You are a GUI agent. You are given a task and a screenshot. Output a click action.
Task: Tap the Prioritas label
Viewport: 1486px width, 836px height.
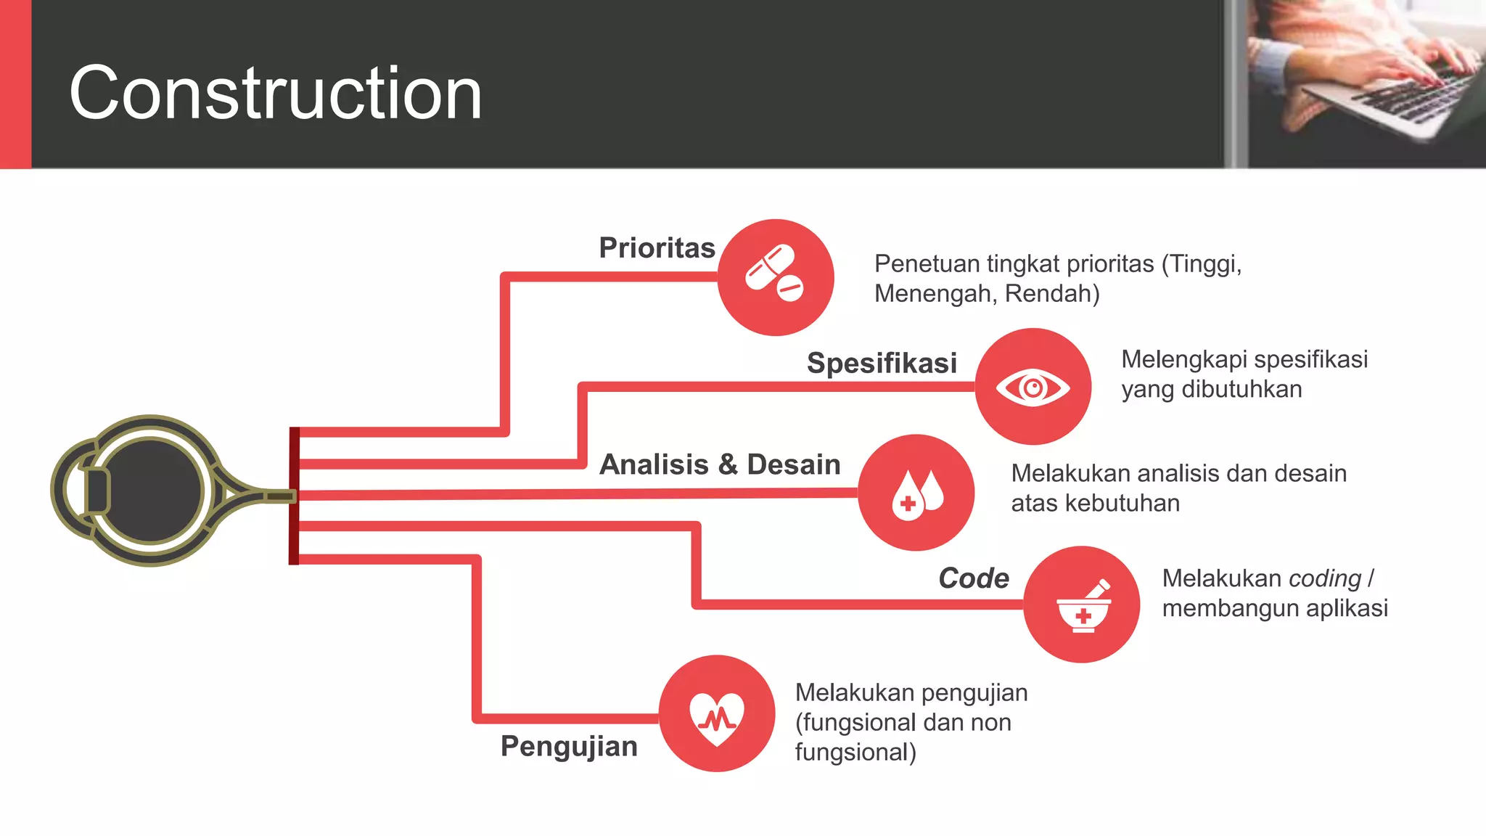point(657,248)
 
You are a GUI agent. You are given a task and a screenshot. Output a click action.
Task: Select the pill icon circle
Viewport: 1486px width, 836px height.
point(776,277)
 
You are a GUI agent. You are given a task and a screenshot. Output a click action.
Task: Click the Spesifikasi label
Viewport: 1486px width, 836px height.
point(882,363)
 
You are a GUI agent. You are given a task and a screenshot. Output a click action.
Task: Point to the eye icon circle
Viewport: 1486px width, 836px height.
point(1033,387)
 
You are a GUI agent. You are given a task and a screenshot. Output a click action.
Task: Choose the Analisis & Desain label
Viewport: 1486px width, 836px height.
point(720,464)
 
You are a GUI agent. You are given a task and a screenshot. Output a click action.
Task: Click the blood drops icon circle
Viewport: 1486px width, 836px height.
point(916,493)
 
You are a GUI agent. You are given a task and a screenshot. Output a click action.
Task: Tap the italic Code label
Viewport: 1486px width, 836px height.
point(974,578)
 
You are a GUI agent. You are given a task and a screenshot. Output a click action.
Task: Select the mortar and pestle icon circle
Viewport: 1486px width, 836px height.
point(1081,605)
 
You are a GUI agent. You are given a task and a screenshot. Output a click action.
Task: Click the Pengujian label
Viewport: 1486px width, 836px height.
point(569,746)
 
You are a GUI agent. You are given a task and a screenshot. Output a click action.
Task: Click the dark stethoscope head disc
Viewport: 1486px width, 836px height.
point(151,491)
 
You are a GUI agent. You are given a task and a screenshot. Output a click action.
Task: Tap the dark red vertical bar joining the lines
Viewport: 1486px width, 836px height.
point(294,496)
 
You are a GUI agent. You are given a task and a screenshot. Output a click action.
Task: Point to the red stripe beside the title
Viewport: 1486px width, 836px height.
point(15,84)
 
